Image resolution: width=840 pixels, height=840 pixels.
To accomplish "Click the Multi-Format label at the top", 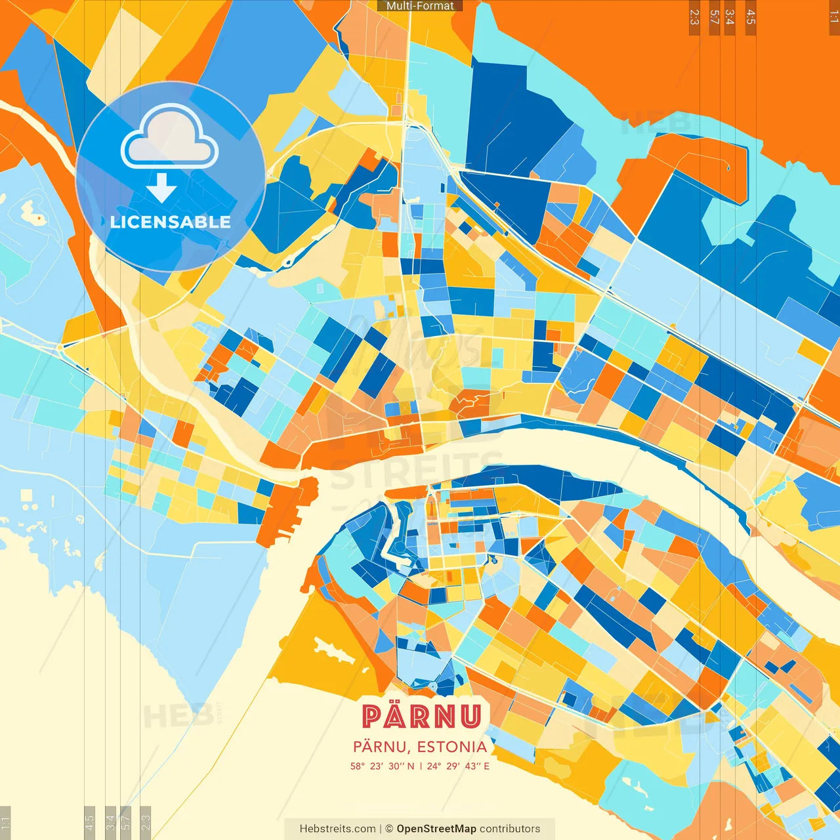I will point(420,6).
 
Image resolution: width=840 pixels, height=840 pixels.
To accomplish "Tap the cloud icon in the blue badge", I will point(170,137).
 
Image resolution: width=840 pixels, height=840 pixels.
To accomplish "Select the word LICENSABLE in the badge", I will point(171,222).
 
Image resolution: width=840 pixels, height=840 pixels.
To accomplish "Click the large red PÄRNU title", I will point(421,717).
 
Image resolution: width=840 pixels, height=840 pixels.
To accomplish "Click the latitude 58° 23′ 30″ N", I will point(382,766).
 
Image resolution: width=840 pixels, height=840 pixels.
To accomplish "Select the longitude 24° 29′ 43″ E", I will point(458,766).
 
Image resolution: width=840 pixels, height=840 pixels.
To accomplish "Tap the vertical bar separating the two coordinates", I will point(421,766).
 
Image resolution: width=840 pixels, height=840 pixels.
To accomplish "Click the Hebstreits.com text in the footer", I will point(337,829).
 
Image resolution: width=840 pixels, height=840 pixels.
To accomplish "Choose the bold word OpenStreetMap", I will point(436,829).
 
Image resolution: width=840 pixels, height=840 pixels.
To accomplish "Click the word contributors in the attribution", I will point(510,829).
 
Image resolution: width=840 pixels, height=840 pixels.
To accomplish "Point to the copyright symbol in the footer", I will point(388,829).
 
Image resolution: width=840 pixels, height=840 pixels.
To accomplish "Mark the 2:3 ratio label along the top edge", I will point(694,17).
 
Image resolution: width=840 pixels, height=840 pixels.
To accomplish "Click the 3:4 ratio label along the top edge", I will point(730,17).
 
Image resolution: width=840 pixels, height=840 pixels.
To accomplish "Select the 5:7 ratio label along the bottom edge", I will point(125,821).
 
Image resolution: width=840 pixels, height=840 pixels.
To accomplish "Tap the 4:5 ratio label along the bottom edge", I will point(90,821).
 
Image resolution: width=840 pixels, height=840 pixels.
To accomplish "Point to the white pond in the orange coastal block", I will point(335,649).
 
